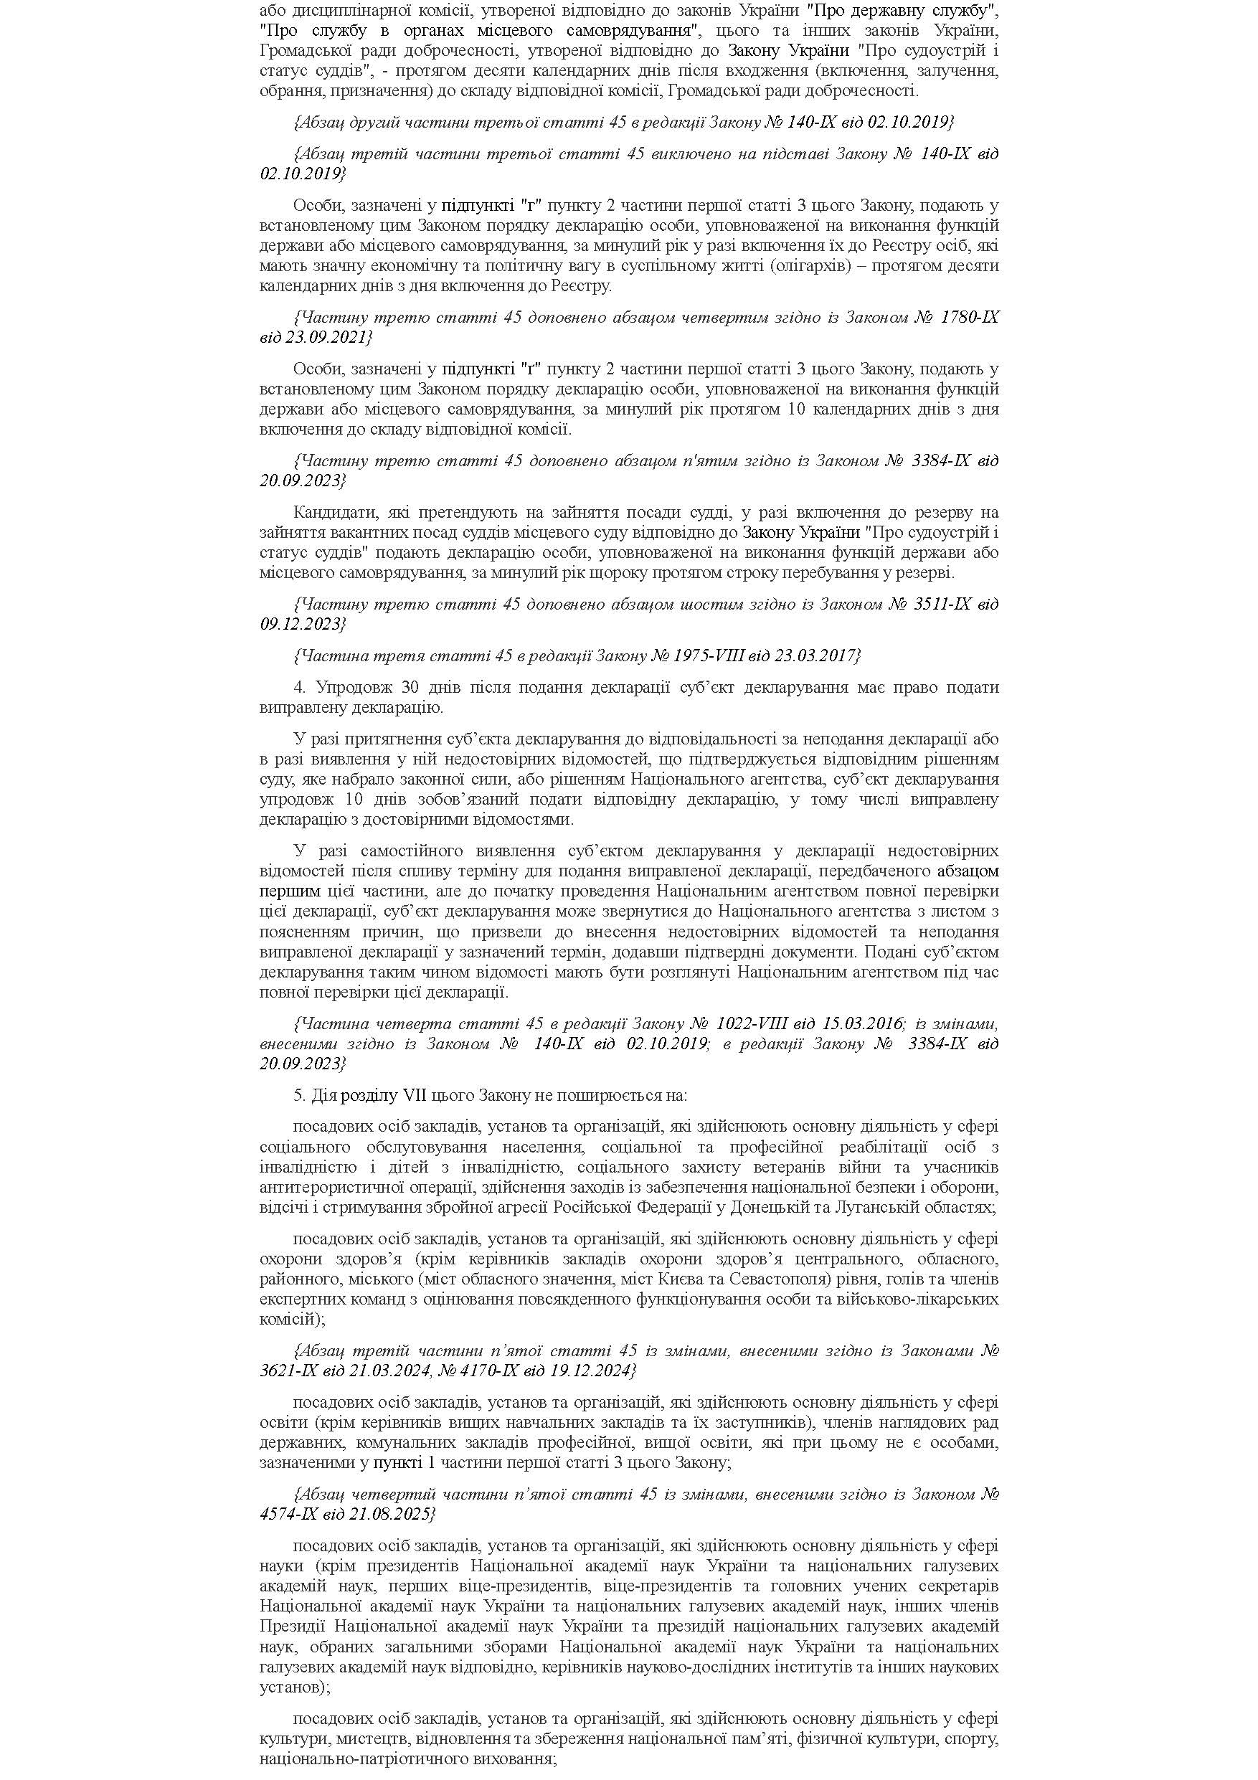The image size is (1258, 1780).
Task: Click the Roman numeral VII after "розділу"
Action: (415, 1097)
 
